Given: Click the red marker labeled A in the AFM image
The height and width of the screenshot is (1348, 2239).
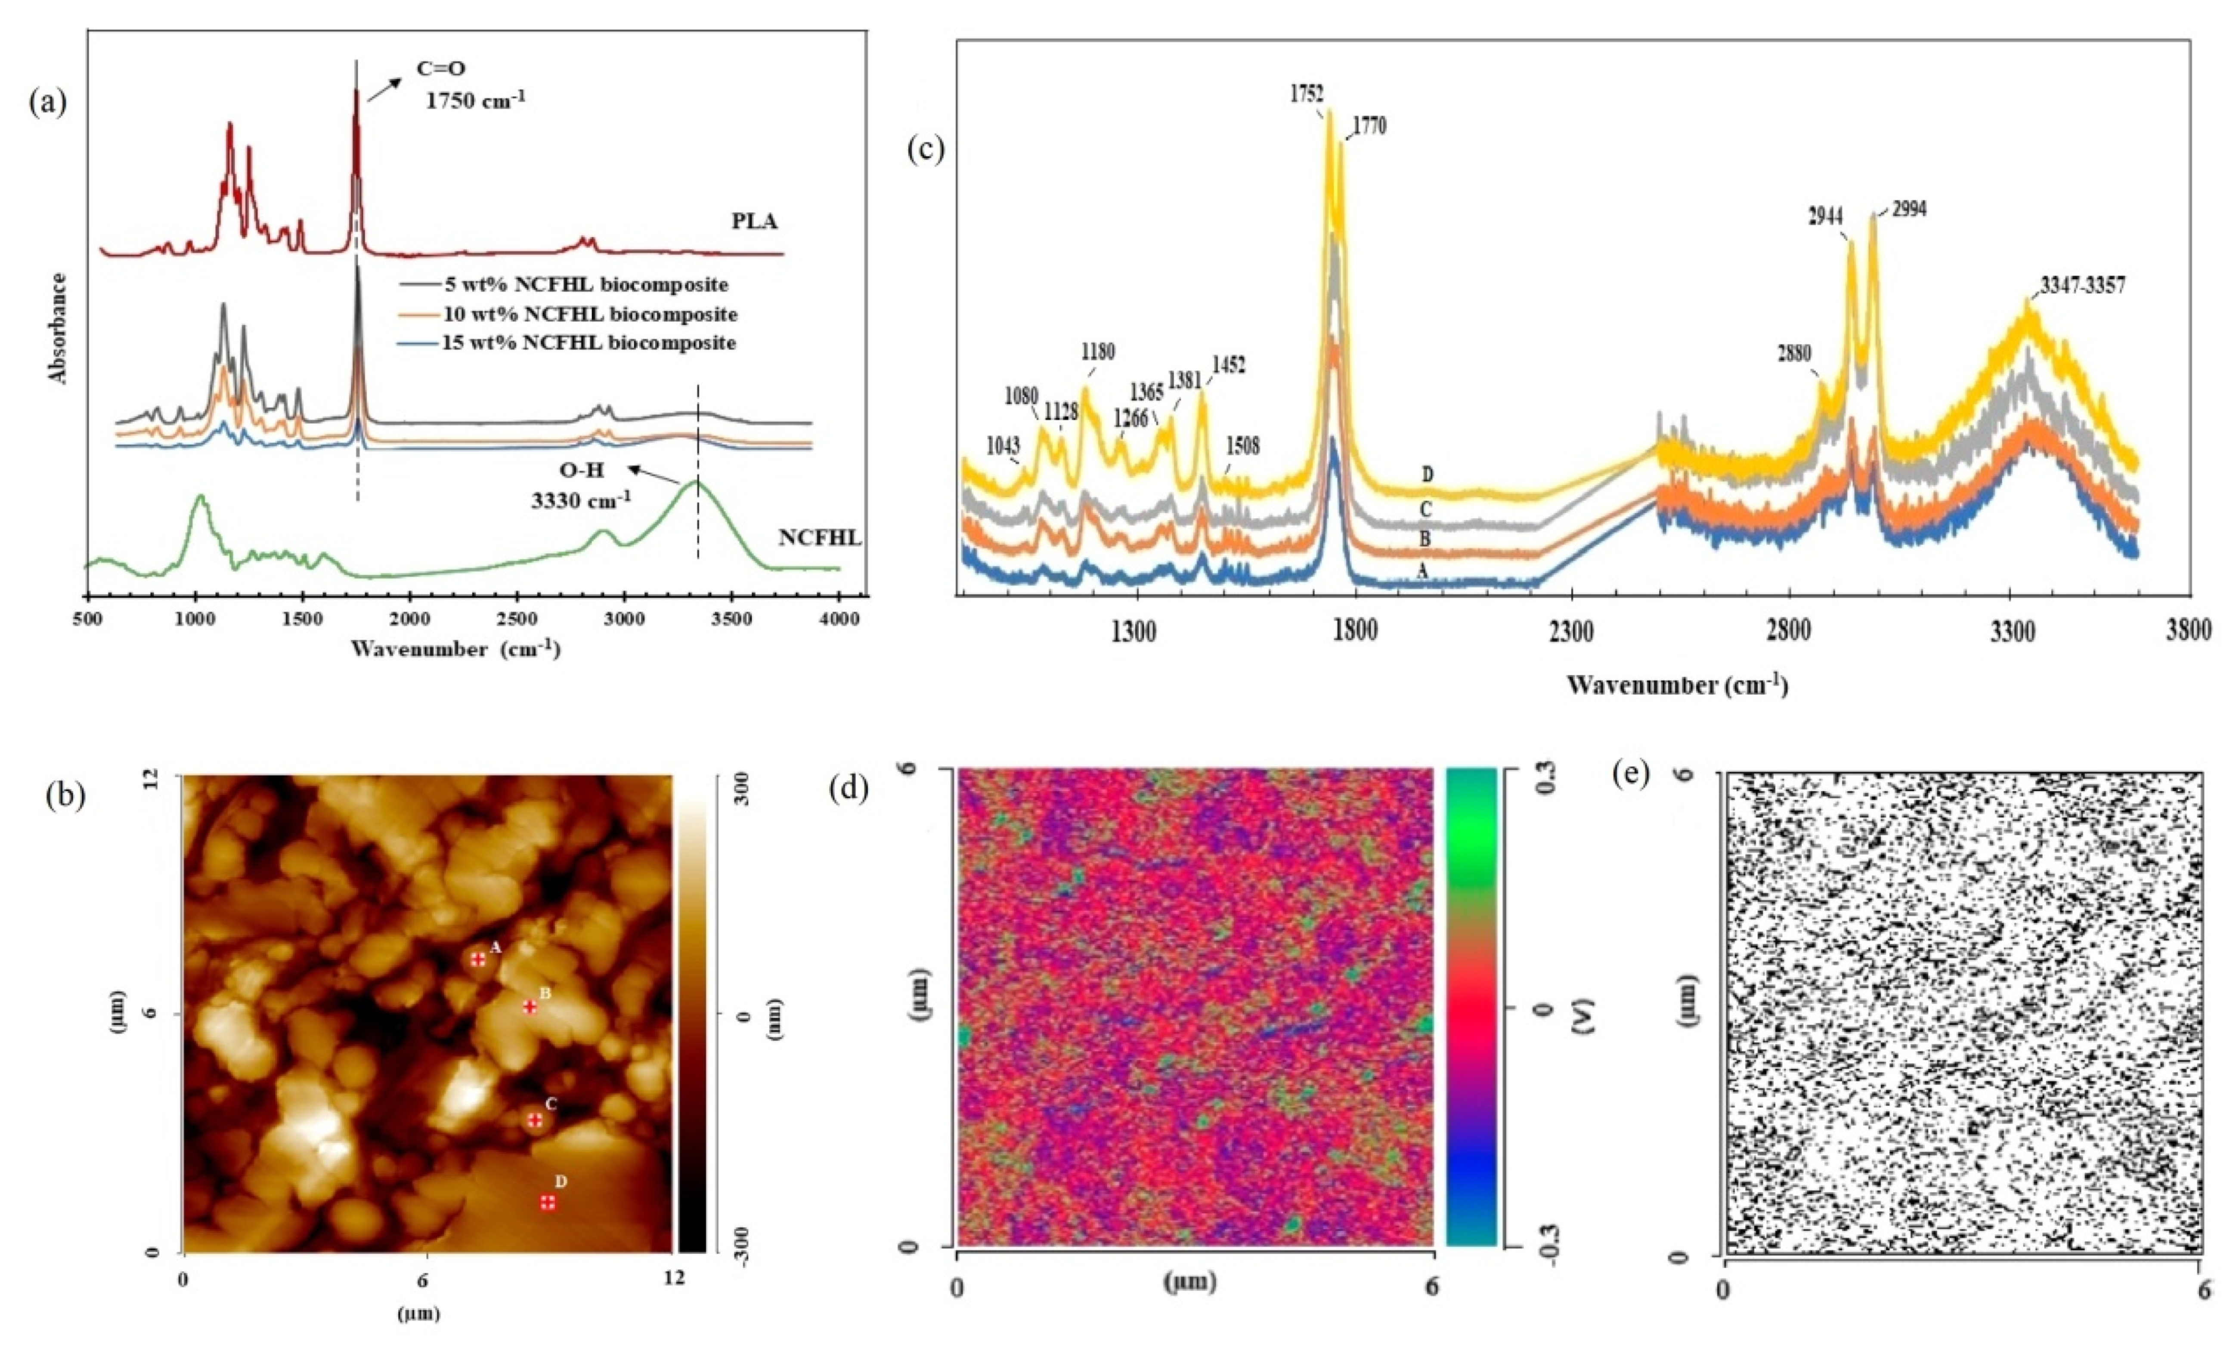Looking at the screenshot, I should [x=478, y=959].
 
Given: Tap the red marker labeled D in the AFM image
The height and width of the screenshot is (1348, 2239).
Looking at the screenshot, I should [x=548, y=1203].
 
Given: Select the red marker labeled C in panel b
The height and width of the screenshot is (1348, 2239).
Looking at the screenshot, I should [x=535, y=1120].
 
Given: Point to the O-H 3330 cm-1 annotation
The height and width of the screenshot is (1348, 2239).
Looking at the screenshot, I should [x=582, y=486].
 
